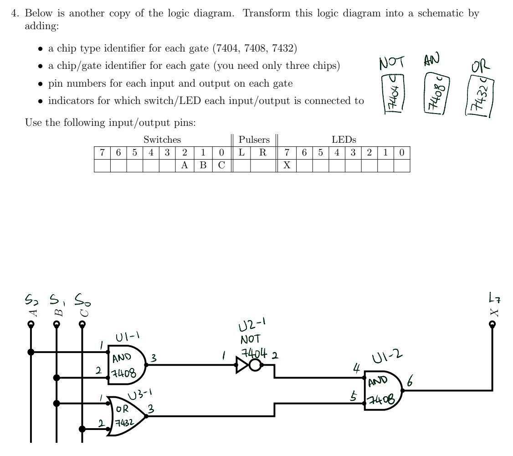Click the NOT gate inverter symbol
pos(248,365)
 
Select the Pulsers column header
pos(254,140)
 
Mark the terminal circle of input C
pos(82,325)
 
